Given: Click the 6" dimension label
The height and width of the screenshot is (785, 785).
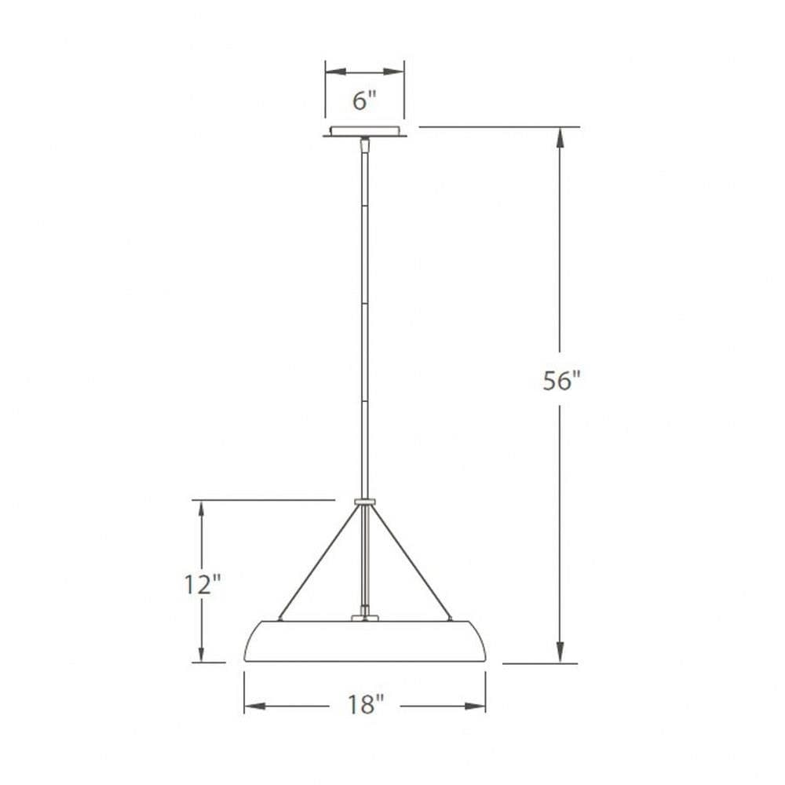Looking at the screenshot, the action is click(x=364, y=100).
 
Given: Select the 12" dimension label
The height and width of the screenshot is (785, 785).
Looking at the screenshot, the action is click(x=203, y=584).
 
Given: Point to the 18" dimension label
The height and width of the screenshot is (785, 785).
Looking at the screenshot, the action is click(x=365, y=705).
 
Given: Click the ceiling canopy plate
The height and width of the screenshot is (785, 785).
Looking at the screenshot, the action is click(x=364, y=131).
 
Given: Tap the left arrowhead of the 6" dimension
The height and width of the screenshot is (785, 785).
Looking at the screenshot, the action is click(x=336, y=71).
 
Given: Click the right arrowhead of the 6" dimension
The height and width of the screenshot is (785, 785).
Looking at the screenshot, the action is click(x=393, y=71).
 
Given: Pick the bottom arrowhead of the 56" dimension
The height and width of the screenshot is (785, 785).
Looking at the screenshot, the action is click(x=560, y=652).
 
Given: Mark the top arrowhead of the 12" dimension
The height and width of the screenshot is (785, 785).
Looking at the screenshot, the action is click(x=201, y=510).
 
